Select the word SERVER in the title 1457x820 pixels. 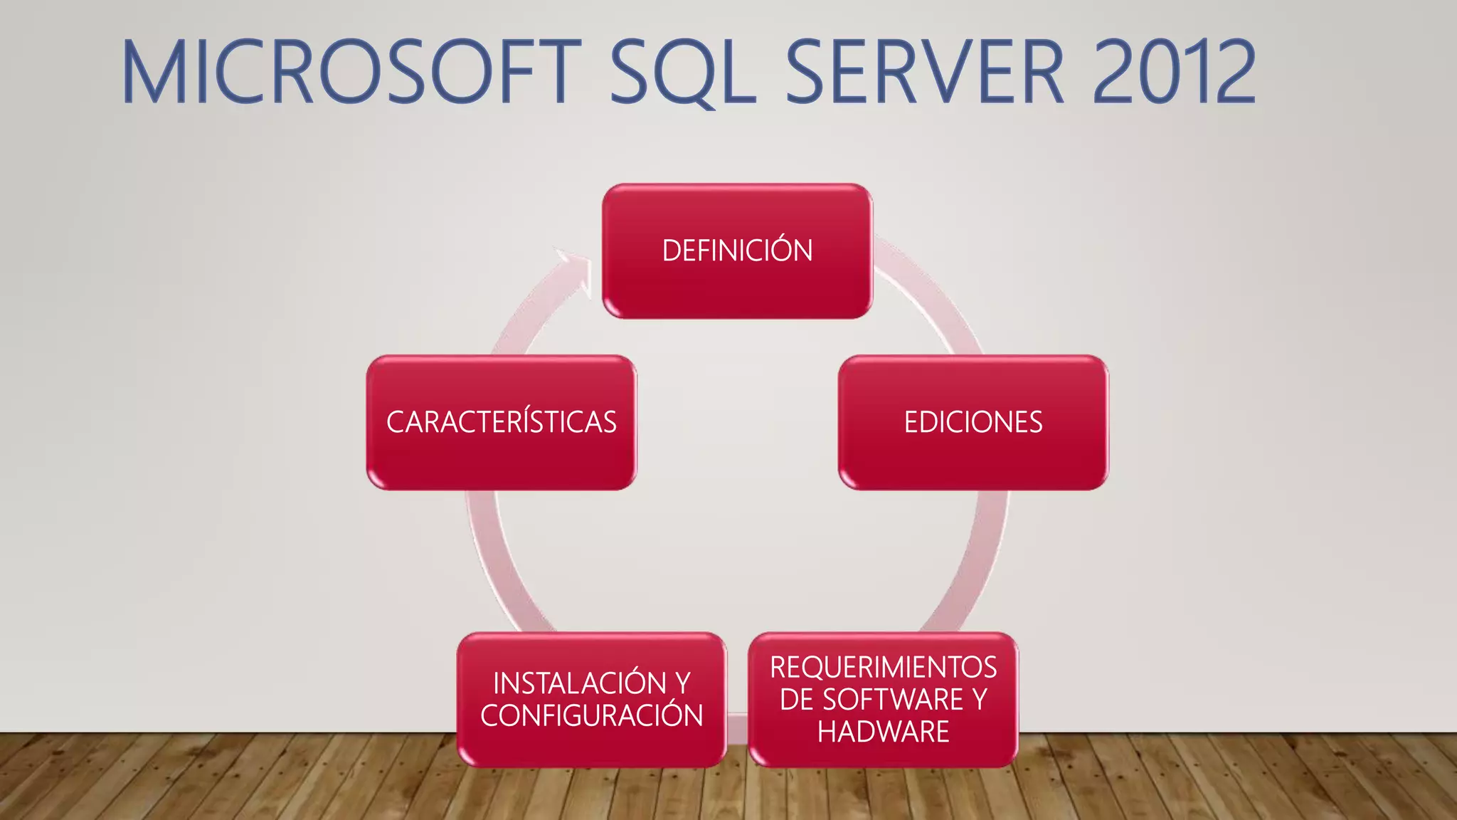point(924,72)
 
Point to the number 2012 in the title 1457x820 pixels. point(1174,72)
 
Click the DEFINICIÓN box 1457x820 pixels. point(737,251)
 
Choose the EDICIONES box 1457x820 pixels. point(973,422)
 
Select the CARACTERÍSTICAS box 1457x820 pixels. point(502,422)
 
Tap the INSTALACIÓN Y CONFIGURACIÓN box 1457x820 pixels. point(592,699)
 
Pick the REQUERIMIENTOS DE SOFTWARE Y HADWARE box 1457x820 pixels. point(883,699)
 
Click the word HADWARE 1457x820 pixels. point(883,732)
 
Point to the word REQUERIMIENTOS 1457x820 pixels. point(883,667)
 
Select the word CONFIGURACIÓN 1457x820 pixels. point(592,715)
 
